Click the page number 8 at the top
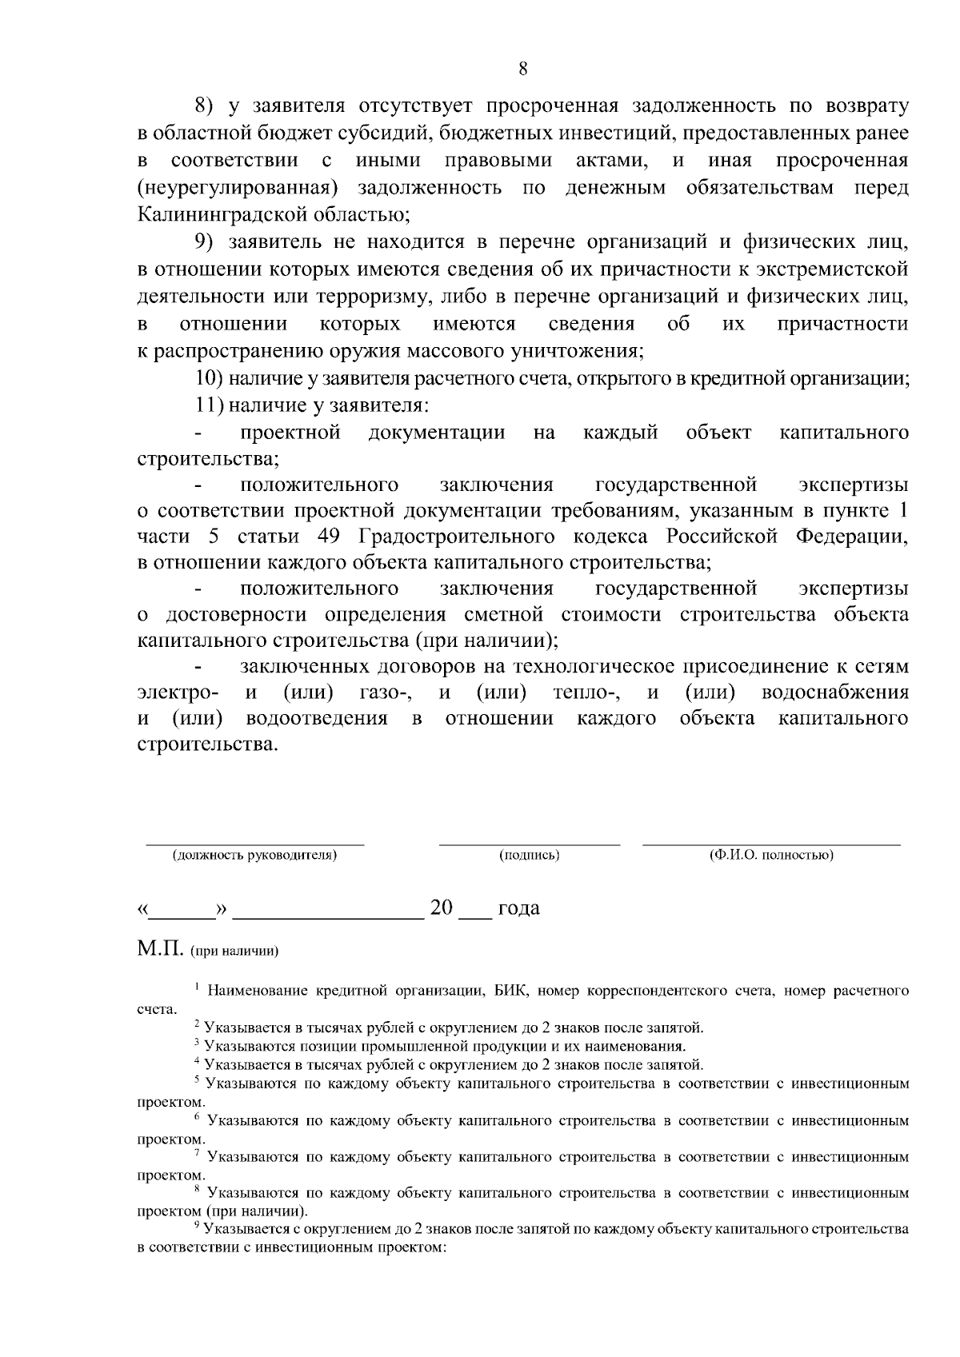point(522,69)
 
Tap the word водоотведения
point(317,718)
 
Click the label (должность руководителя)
point(254,856)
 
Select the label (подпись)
point(529,856)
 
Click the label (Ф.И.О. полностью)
point(771,856)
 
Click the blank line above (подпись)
point(529,843)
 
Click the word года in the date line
point(518,908)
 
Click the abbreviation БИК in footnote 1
point(508,992)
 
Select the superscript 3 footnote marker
point(196,1043)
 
